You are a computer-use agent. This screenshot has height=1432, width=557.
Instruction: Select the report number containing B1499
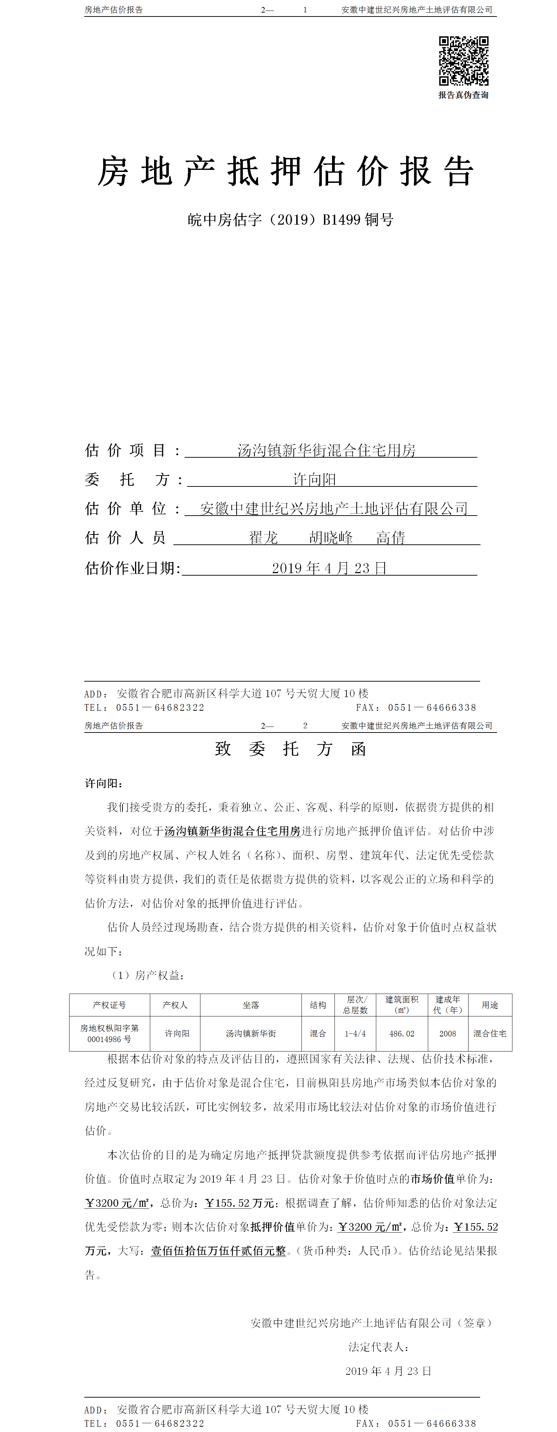point(290,220)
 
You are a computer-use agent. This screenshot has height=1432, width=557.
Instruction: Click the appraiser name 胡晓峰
point(331,538)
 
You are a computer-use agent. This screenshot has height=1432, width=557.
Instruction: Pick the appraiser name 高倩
point(390,538)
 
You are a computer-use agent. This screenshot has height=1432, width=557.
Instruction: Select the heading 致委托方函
point(290,749)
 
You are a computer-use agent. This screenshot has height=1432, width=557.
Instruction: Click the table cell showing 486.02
point(402,1033)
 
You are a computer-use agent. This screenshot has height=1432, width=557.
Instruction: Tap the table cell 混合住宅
point(489,1033)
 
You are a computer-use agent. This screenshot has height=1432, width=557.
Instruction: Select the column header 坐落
point(251,1005)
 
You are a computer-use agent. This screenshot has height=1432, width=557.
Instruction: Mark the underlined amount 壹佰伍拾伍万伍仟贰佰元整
point(218,1251)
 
